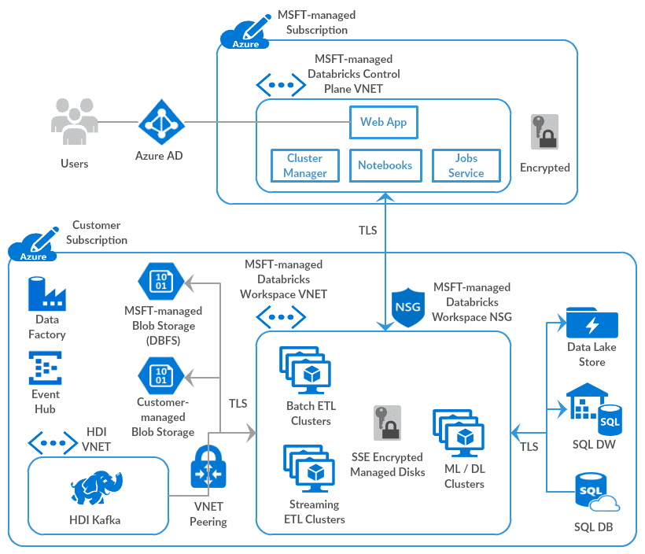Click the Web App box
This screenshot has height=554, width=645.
click(383, 122)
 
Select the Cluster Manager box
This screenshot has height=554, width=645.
click(304, 165)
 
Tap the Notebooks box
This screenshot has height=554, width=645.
click(385, 165)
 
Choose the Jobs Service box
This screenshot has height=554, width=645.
click(466, 165)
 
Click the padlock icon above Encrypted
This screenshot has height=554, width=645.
click(544, 132)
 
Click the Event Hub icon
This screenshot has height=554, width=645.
click(46, 367)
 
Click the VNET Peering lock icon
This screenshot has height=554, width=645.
click(208, 469)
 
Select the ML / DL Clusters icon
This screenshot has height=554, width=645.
click(458, 432)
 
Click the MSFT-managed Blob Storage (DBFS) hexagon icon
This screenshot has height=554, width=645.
click(160, 281)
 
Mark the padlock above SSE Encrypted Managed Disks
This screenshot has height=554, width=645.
click(387, 423)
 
